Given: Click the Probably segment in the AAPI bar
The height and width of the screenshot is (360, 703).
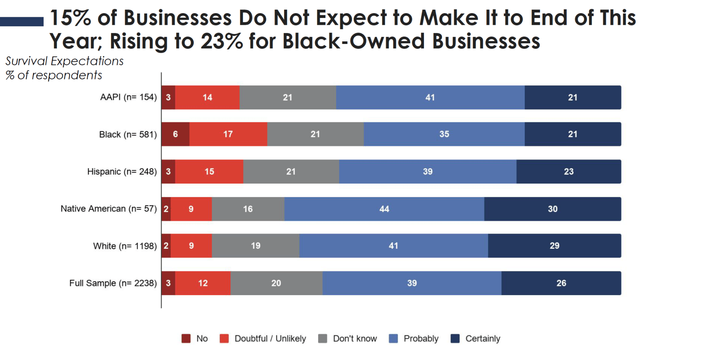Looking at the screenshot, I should [430, 97].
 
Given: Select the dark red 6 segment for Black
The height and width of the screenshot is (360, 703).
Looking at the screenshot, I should [175, 134].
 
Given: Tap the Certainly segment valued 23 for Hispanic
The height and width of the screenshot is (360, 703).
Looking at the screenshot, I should [568, 171].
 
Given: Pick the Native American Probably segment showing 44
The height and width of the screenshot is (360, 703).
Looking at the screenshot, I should [384, 209].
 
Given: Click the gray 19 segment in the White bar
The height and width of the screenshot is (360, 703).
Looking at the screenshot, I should [256, 246].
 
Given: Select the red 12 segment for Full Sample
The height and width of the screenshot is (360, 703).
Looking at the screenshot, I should [203, 283].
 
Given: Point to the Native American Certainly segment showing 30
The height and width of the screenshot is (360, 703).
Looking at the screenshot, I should [552, 209].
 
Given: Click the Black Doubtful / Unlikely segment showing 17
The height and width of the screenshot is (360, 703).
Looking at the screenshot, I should [228, 134].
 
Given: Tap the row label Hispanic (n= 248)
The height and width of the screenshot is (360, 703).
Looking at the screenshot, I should [122, 171].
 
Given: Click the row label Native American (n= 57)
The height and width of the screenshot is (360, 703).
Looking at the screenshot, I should [108, 209].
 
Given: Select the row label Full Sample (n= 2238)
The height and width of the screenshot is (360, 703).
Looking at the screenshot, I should [113, 283].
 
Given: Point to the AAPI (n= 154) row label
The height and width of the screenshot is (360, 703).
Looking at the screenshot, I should [128, 97].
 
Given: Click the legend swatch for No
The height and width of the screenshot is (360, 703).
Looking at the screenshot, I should [186, 338].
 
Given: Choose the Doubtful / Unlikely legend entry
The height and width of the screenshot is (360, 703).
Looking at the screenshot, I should [270, 338].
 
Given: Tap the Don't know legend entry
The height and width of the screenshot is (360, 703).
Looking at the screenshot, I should [354, 338].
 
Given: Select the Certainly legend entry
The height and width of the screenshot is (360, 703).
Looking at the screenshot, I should [482, 338].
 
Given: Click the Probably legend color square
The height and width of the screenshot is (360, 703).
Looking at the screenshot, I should [393, 338].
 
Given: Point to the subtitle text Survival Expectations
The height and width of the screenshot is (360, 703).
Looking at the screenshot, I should [64, 61].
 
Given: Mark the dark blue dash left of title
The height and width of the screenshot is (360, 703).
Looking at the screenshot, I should [22, 22].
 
